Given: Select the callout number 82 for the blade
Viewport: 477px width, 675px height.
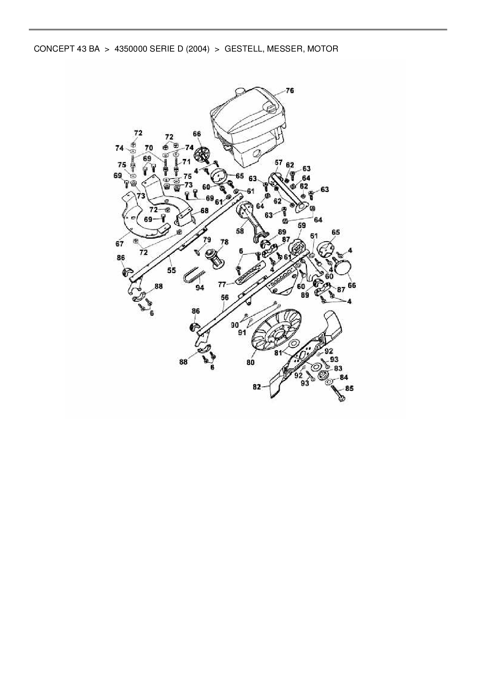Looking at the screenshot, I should click(257, 387).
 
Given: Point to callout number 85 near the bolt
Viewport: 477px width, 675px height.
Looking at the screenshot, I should click(349, 389).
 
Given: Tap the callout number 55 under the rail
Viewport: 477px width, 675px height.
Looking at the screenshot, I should click(172, 270).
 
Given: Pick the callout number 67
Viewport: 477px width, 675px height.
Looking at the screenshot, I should click(119, 244).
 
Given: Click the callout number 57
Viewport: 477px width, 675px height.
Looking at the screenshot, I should click(279, 163).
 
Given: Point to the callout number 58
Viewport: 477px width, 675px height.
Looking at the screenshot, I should click(240, 231).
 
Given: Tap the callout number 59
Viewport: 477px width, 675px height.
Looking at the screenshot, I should click(302, 225).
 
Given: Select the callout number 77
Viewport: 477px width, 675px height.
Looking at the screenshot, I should click(222, 285).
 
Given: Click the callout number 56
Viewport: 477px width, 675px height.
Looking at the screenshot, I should click(225, 297).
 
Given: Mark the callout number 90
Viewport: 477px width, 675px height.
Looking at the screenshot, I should click(235, 326).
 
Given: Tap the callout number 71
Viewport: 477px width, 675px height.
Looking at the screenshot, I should click(187, 162).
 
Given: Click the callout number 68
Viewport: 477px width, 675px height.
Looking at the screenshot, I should click(204, 211).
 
